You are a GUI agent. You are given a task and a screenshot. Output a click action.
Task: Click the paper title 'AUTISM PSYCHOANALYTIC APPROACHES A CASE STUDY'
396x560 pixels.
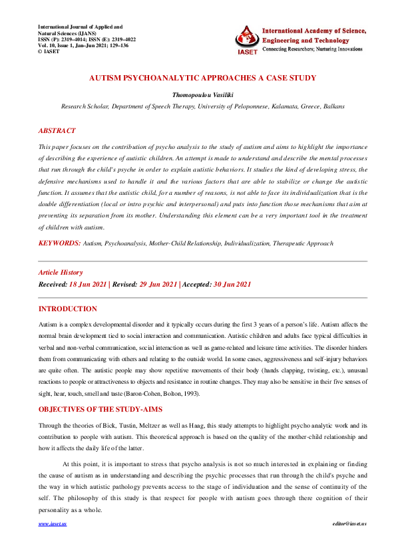tap(202, 78)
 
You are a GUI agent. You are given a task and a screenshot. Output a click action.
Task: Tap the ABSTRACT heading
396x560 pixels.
tap(57, 131)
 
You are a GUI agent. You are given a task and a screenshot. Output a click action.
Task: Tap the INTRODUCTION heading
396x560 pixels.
tap(67, 309)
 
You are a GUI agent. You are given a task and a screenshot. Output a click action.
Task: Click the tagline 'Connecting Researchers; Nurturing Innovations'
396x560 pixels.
tap(313, 50)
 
